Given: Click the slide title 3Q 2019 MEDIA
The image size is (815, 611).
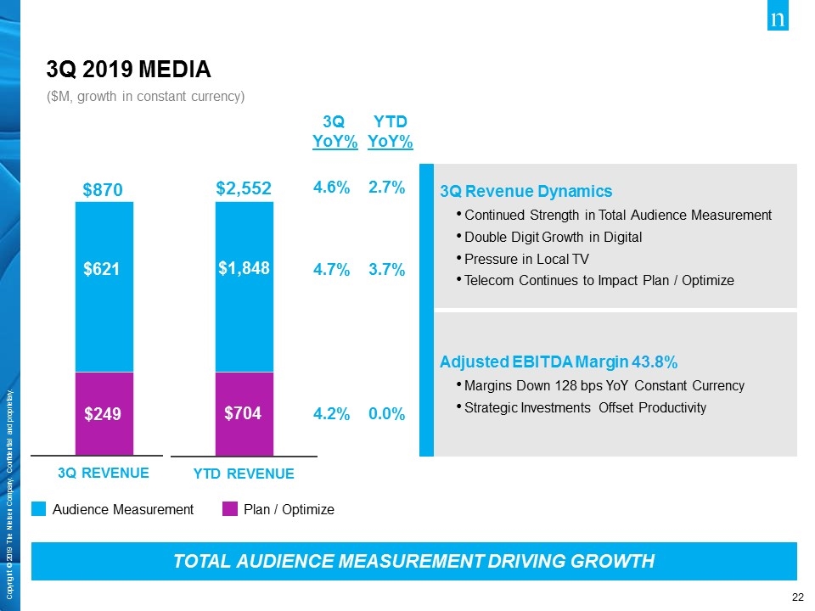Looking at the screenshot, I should click(128, 68).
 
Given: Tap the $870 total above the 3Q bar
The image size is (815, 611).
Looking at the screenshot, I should click(103, 190).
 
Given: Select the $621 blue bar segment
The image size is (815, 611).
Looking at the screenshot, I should click(104, 269).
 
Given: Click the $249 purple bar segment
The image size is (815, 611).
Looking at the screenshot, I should click(104, 414).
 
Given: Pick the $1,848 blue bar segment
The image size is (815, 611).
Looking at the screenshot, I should click(244, 268).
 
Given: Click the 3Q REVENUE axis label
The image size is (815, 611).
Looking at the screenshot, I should click(104, 473).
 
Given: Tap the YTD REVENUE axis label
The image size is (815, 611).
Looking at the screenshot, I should click(244, 474).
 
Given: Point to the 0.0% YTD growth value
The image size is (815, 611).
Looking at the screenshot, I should click(387, 414).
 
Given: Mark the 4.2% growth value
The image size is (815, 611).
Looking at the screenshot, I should click(332, 414).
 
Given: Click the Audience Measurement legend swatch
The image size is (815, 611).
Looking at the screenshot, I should click(39, 509).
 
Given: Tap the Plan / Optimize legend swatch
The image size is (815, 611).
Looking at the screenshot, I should click(229, 509).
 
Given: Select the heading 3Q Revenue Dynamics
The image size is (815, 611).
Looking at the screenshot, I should click(526, 190).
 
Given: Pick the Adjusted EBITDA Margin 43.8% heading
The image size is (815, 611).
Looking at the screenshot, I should click(558, 363).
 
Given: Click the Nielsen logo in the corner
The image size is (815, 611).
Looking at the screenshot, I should click(778, 20).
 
